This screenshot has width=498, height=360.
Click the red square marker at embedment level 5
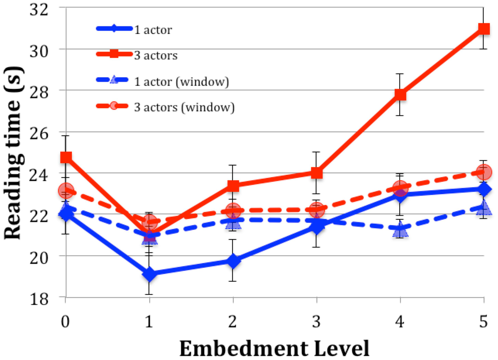483,29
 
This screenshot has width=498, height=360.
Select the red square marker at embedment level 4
400,95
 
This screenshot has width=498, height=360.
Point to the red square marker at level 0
66,157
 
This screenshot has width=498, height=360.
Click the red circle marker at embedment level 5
484,171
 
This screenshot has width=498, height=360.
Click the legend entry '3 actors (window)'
184,108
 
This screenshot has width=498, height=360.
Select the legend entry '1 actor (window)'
181,82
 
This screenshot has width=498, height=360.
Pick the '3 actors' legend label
156,55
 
